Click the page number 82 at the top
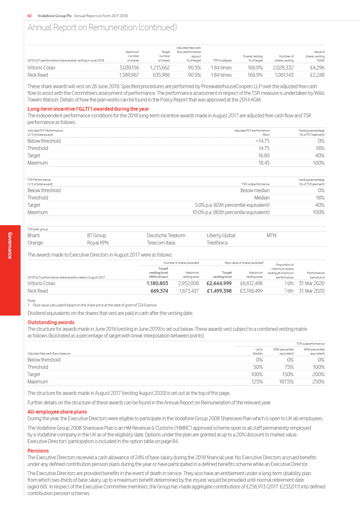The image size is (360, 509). (30, 16)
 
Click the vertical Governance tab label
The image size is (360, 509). (10, 245)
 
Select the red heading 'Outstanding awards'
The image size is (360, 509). (51, 322)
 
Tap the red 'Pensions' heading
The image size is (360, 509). (38, 451)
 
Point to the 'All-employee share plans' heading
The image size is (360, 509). (57, 412)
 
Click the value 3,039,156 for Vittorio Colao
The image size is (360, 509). (129, 68)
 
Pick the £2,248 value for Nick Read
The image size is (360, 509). (317, 75)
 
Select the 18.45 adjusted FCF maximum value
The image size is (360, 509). (264, 163)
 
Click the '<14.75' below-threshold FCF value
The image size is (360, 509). (262, 141)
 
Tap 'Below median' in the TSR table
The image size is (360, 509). (255, 190)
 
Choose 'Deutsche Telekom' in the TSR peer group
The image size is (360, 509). (166, 235)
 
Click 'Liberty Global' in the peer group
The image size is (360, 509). (221, 235)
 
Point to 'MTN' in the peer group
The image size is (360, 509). (271, 235)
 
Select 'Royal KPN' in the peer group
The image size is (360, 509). (98, 243)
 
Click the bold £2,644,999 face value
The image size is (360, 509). (219, 283)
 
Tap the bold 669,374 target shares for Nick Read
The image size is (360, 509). (159, 291)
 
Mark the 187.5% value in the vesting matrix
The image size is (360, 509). (286, 382)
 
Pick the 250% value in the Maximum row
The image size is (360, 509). (319, 382)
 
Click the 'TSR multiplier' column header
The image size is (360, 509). (222, 60)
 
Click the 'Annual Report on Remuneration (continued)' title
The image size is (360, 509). (102, 28)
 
